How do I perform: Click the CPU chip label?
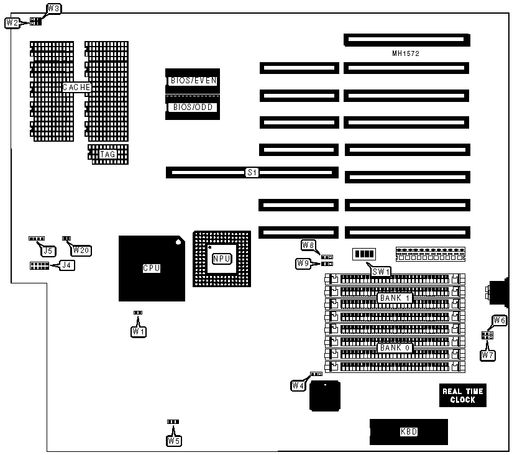click(x=152, y=268)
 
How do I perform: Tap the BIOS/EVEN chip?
click(x=192, y=81)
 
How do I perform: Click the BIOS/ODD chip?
click(x=192, y=107)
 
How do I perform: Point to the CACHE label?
click(x=77, y=88)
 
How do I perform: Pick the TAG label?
click(x=107, y=154)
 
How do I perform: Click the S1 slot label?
click(x=252, y=172)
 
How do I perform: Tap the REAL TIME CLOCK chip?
click(x=462, y=395)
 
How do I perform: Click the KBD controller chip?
click(x=408, y=431)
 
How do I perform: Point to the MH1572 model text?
click(x=406, y=54)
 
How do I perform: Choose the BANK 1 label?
click(x=395, y=298)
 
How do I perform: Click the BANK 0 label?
click(x=395, y=347)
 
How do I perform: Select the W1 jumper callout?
click(x=139, y=331)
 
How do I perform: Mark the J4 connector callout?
click(x=65, y=265)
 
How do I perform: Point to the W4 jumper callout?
click(x=298, y=385)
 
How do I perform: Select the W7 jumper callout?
click(x=488, y=355)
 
